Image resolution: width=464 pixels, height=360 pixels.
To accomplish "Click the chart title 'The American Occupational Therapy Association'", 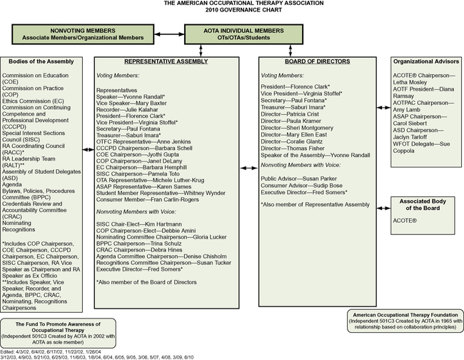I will [x=233, y=4].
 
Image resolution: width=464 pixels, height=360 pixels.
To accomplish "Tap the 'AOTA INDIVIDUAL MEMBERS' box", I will [x=233, y=29].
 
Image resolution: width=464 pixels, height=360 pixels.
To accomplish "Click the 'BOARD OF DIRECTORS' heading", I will [x=315, y=61].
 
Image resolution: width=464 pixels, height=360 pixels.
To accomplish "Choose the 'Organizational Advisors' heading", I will [x=425, y=61].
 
